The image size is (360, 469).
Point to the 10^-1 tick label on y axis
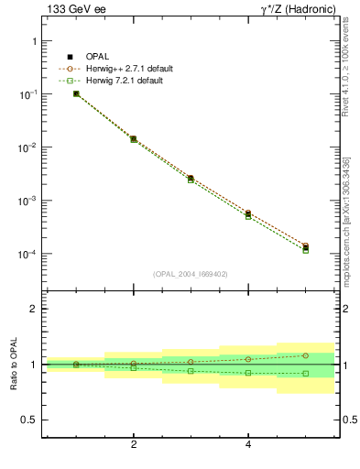27,94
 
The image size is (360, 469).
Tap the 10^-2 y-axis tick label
27,147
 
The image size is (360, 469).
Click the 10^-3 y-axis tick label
27,201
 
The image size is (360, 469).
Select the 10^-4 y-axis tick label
27,254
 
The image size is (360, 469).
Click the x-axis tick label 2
134,446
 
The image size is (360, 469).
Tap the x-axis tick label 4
248,446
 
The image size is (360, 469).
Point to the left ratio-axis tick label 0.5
29,420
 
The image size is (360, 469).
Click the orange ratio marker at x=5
306,355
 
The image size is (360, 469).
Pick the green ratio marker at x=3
191,371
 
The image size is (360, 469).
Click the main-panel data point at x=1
76,93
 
